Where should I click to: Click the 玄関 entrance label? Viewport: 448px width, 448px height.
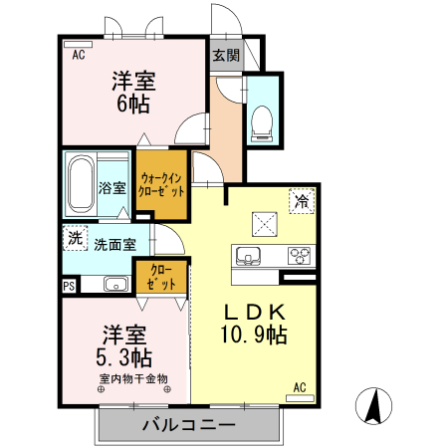[x=226, y=56]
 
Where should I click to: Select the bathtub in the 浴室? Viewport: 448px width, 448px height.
[x=81, y=185]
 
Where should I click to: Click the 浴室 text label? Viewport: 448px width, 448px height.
[x=112, y=187]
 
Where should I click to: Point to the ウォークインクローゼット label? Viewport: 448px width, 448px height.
[x=161, y=184]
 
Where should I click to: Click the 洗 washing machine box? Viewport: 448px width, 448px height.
[x=74, y=238]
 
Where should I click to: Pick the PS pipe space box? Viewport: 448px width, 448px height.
[x=69, y=286]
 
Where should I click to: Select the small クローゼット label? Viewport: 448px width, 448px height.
[x=162, y=276]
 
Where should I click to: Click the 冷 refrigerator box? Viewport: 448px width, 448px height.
[x=300, y=200]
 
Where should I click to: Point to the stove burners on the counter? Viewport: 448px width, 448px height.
[x=299, y=256]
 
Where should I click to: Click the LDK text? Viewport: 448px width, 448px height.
[x=254, y=311]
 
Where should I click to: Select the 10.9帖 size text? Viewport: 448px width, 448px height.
[x=254, y=336]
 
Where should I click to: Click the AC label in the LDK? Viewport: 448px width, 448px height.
[x=298, y=386]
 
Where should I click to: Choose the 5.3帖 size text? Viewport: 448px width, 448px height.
[x=124, y=355]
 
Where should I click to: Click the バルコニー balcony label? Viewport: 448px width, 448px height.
[x=188, y=425]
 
